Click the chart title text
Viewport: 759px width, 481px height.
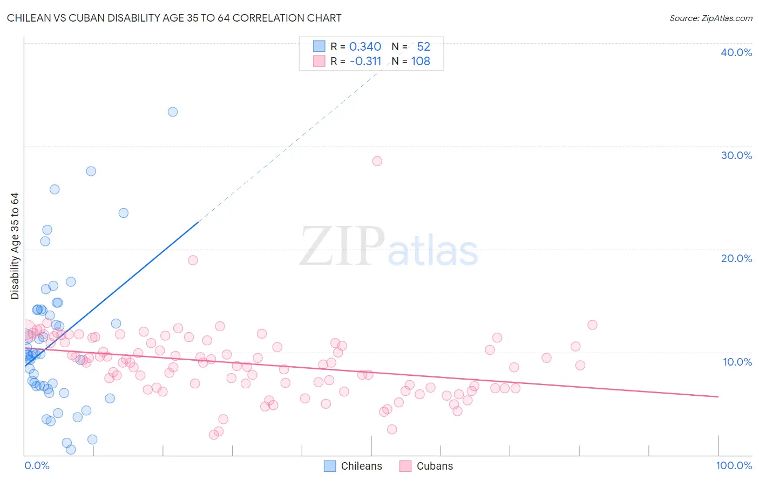(x=174, y=18)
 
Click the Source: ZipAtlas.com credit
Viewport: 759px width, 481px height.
(x=710, y=18)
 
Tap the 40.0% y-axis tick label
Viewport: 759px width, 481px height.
(x=736, y=52)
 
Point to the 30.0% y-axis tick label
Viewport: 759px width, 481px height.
(x=736, y=155)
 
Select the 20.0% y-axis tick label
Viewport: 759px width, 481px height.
(x=736, y=258)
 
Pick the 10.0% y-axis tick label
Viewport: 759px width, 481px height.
(x=737, y=362)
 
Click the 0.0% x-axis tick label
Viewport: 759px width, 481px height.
(x=37, y=465)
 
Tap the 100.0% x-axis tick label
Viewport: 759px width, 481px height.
(x=734, y=465)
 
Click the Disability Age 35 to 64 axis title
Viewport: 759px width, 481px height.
(x=15, y=246)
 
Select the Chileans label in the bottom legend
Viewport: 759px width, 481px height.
(x=361, y=466)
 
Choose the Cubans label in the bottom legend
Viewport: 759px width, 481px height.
(x=435, y=466)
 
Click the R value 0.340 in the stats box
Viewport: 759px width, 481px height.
(x=365, y=46)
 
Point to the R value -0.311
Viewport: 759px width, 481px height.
(x=365, y=61)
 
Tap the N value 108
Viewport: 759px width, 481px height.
(x=421, y=61)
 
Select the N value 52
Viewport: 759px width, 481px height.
(x=423, y=46)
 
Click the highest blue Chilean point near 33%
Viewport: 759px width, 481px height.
(x=173, y=112)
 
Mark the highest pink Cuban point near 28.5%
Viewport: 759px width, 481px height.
(x=377, y=161)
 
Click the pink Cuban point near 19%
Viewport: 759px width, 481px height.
(x=193, y=260)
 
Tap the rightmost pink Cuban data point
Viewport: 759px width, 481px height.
(x=592, y=325)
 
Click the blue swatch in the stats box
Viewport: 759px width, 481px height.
(x=319, y=46)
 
